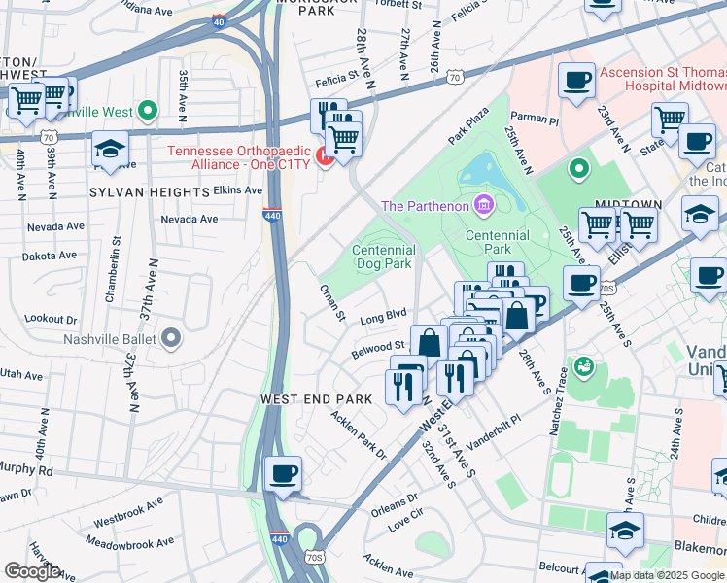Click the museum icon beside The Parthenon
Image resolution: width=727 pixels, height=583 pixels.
[x=483, y=205]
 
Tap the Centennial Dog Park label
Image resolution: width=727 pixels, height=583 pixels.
[x=383, y=257]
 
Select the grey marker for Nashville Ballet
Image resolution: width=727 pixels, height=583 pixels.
[x=172, y=339]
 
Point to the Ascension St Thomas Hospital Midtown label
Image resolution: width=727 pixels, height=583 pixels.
[x=661, y=80]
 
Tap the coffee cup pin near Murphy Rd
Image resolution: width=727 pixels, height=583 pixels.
[x=283, y=473]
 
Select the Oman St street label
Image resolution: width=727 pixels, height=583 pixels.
[x=333, y=302]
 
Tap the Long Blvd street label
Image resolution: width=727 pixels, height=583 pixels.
[x=383, y=316]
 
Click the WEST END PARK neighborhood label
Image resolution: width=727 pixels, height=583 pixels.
[x=316, y=399]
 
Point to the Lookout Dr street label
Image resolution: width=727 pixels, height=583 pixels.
[x=51, y=319]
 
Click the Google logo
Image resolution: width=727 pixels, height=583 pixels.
[x=31, y=570]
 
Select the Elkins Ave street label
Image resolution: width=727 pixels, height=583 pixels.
[x=238, y=189]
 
